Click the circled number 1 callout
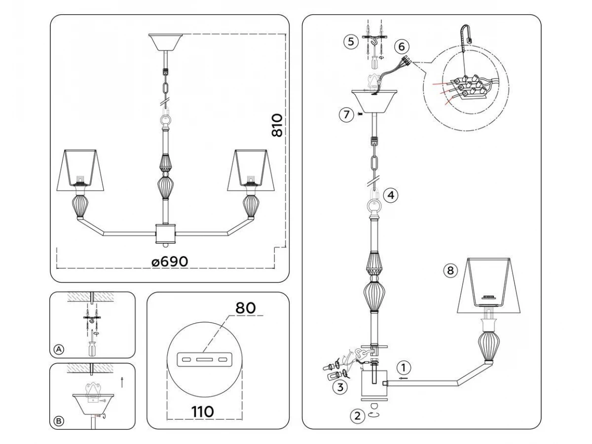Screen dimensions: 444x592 (404, 368)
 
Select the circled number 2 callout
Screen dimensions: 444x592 (357, 416)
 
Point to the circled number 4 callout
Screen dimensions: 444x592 (390, 195)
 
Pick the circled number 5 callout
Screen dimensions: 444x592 (350, 41)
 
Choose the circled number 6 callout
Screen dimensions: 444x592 (401, 47)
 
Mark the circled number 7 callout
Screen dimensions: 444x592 (346, 115)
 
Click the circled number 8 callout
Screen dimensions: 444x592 (449, 270)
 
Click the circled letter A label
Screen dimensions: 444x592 (59, 349)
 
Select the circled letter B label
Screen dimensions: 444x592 (59, 421)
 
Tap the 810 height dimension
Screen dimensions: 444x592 (277, 125)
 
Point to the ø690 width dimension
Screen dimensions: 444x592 (170, 261)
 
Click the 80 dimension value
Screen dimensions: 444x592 (245, 308)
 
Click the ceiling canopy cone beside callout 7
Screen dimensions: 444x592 (375, 101)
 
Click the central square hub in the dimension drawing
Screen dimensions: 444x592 (166, 233)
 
